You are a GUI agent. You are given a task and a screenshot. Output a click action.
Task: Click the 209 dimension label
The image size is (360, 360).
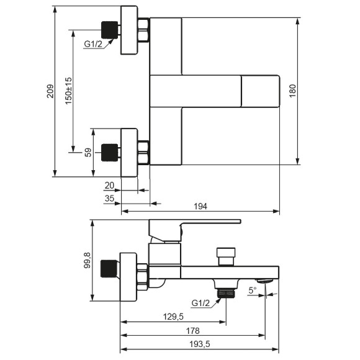50,91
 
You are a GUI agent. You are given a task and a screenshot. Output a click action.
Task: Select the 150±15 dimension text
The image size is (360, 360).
68,91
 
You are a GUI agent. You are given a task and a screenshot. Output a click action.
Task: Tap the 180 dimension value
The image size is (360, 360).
292,91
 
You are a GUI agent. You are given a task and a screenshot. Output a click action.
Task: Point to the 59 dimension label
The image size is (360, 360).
88,153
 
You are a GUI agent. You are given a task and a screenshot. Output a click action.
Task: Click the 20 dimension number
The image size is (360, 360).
109,186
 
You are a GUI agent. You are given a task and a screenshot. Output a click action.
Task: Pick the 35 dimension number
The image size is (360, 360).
109,199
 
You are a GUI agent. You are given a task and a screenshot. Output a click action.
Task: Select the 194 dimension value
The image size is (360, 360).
200,207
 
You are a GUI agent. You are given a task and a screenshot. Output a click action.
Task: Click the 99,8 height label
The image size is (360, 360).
88,260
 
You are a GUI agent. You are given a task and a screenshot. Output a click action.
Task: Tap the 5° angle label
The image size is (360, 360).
253,290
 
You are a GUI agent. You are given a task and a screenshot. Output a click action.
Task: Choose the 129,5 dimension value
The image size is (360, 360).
173,317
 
